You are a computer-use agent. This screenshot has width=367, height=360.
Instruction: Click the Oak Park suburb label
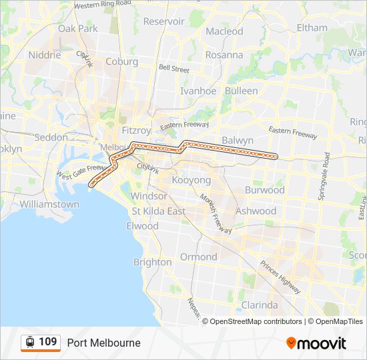pyautogui.click(x=77, y=29)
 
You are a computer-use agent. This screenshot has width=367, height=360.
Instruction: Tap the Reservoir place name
pyautogui.click(x=163, y=21)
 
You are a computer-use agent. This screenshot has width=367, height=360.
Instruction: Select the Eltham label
pyautogui.click(x=312, y=28)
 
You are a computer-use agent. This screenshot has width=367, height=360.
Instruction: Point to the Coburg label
pyautogui.click(x=121, y=61)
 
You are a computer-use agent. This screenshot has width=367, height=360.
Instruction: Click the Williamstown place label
pyautogui.click(x=49, y=203)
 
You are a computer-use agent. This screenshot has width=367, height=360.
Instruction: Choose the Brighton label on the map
pyautogui.click(x=152, y=262)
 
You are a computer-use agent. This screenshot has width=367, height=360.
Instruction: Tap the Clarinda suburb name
pyautogui.click(x=259, y=305)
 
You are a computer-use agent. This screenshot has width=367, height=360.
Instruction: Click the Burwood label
pyautogui.click(x=264, y=190)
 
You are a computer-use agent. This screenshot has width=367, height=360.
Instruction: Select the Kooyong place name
pyautogui.click(x=191, y=180)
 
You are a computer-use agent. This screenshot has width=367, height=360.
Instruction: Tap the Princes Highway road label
pyautogui.click(x=280, y=277)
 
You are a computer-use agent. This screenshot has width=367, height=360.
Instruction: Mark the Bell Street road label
pyautogui.click(x=173, y=68)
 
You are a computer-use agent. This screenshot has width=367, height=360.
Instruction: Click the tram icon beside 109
pyautogui.click(x=29, y=342)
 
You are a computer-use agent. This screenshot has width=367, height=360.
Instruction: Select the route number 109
pyautogui.click(x=47, y=342)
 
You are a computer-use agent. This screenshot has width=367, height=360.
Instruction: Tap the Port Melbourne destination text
pyautogui.click(x=103, y=343)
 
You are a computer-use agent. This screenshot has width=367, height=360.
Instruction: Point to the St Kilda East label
pyautogui.click(x=158, y=211)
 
